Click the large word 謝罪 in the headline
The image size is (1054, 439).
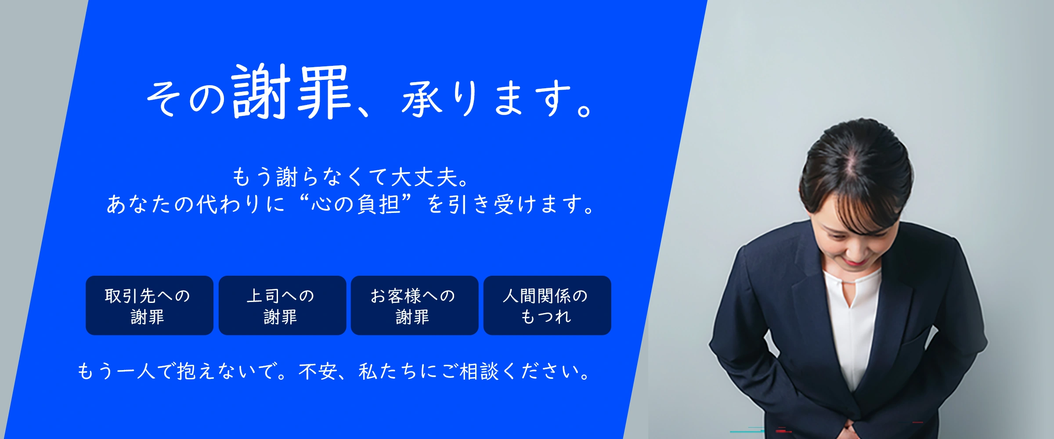[291, 92]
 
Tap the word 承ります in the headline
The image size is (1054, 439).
[487, 99]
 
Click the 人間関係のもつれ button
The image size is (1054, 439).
[547, 306]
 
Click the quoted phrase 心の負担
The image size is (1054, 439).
[356, 204]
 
